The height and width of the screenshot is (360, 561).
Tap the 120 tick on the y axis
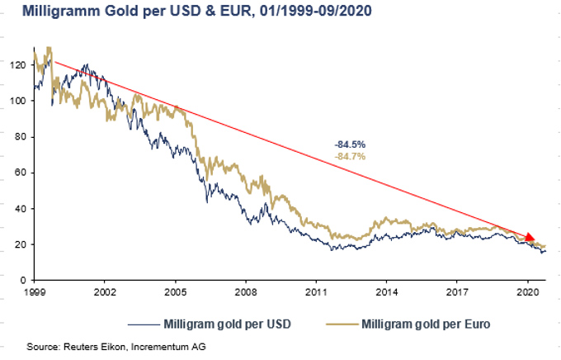[17, 64]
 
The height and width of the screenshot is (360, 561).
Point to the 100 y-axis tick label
[17, 101]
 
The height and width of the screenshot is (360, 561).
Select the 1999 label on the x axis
[34, 292]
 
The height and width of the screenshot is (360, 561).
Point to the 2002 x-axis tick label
[104, 292]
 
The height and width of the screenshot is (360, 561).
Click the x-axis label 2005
[175, 292]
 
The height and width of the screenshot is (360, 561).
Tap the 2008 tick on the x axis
[245, 292]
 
